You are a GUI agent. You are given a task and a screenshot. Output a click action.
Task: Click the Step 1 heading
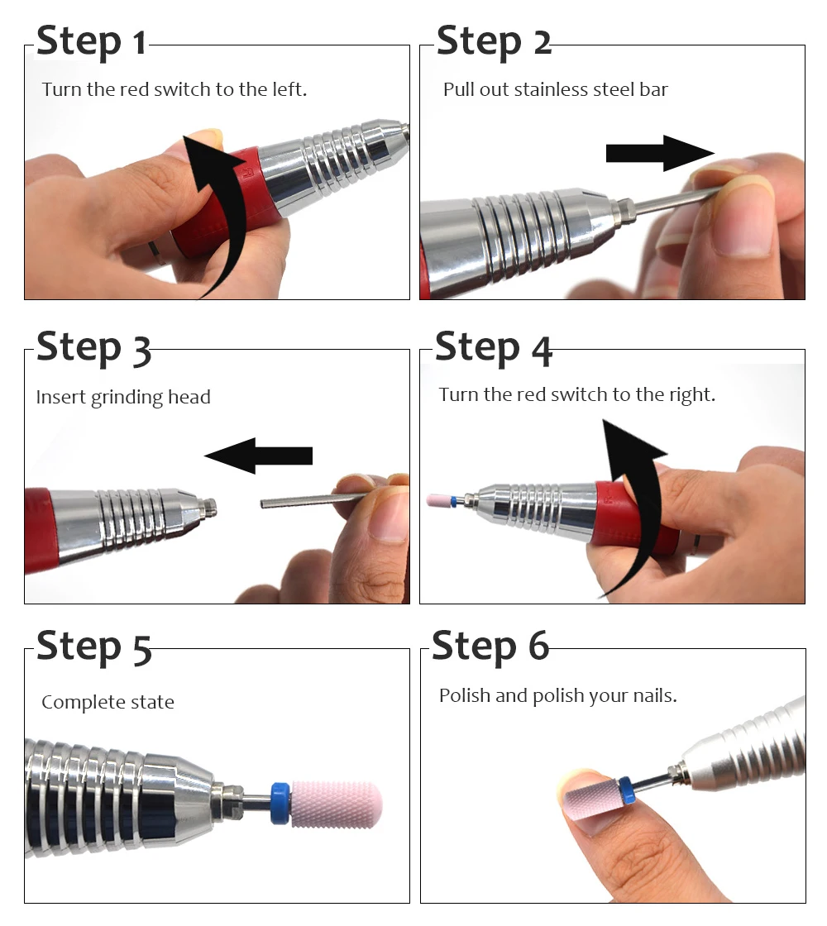click(91, 41)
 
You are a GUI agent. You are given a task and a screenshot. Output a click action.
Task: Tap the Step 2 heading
click(494, 41)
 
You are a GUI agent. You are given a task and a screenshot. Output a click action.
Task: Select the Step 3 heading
click(93, 348)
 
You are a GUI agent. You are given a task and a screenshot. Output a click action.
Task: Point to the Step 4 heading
click(493, 348)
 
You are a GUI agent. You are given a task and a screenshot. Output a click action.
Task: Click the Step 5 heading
click(94, 648)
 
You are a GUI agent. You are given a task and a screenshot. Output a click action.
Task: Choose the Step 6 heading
click(490, 647)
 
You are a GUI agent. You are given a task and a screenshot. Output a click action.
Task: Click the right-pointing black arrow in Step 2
click(660, 153)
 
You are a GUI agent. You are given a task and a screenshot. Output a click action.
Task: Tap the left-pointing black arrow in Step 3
click(258, 456)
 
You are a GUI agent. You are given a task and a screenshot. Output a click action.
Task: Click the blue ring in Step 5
click(280, 803)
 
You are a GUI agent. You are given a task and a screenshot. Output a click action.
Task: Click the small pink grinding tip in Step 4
click(438, 500)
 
